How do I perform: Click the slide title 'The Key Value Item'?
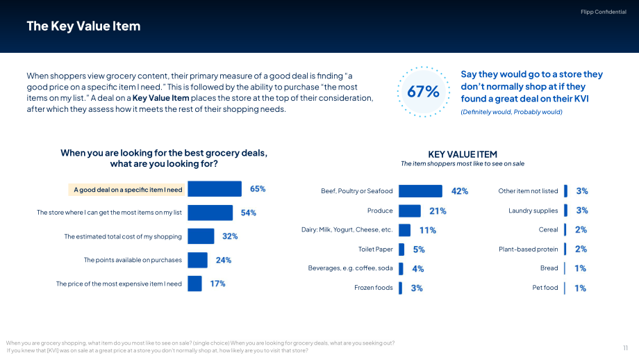pyautogui.click(x=83, y=26)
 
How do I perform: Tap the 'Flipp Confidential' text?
pyautogui.click(x=603, y=12)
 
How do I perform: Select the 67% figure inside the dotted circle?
pyautogui.click(x=424, y=91)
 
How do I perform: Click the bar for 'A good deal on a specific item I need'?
pyautogui.click(x=215, y=189)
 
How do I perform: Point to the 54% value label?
pyautogui.click(x=248, y=213)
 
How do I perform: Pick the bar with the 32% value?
pyautogui.click(x=201, y=236)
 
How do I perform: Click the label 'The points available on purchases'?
pyautogui.click(x=133, y=260)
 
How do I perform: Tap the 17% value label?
pyautogui.click(x=217, y=284)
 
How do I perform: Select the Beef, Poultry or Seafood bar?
pyautogui.click(x=420, y=191)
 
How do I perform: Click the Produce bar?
pyautogui.click(x=410, y=211)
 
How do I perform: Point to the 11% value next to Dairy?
pyautogui.click(x=427, y=230)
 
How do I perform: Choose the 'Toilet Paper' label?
pyautogui.click(x=375, y=249)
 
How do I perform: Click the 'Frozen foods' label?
pyautogui.click(x=373, y=288)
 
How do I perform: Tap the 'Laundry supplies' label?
pyautogui.click(x=533, y=211)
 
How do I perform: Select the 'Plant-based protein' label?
pyautogui.click(x=528, y=249)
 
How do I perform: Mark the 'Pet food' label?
pyautogui.click(x=545, y=288)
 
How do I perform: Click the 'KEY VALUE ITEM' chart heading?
pyautogui.click(x=463, y=154)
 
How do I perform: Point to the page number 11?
pyautogui.click(x=625, y=347)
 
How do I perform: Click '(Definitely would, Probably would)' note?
pyautogui.click(x=511, y=112)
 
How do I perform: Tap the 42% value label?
pyautogui.click(x=460, y=191)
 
